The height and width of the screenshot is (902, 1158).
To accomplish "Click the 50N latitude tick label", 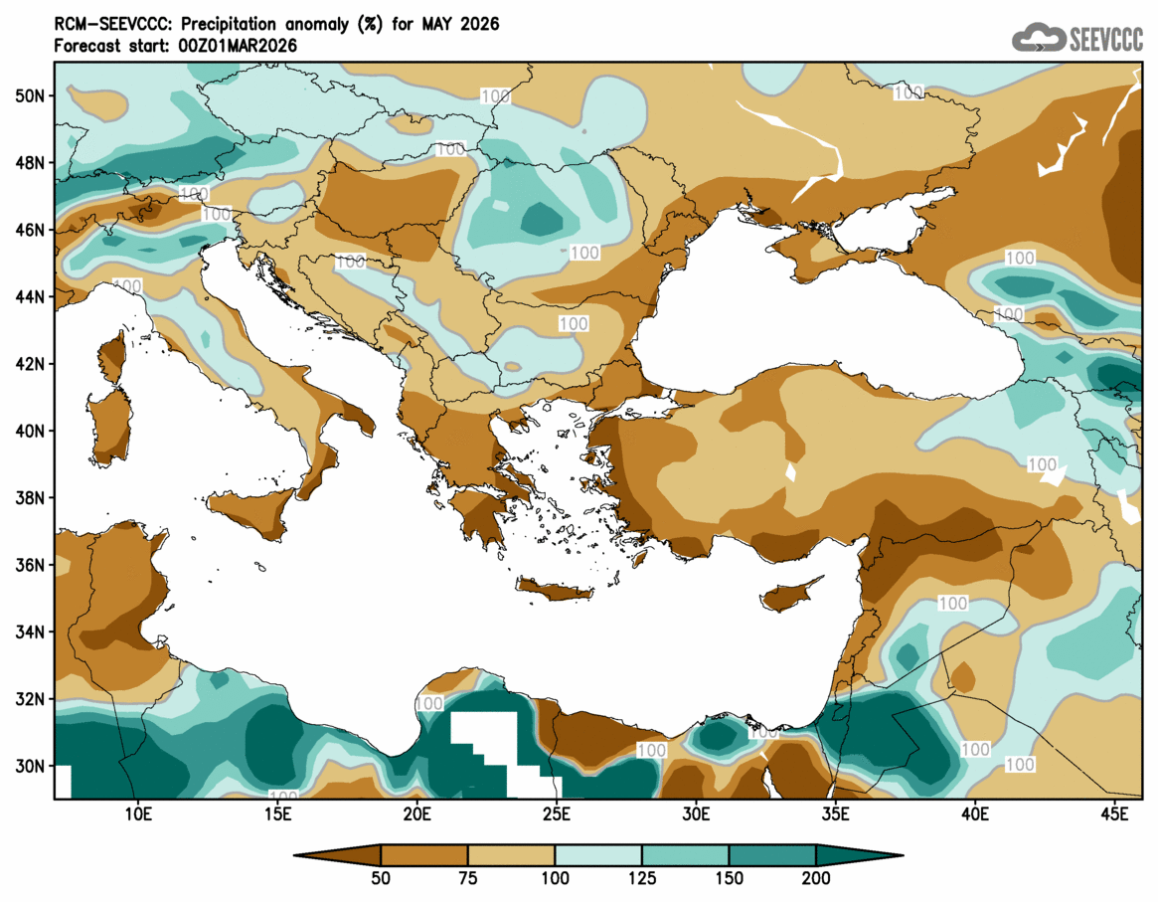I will coord(30,95).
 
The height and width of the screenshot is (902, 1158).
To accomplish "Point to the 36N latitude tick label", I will coord(30,565).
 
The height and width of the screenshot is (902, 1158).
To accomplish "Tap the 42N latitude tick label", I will coord(30,364).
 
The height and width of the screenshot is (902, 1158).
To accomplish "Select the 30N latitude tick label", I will coord(30,766).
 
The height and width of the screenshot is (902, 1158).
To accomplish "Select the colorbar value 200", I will coord(816,878).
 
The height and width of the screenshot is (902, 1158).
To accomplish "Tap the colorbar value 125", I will coord(642,878).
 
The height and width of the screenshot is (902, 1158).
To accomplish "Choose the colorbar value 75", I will coord(468,878).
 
